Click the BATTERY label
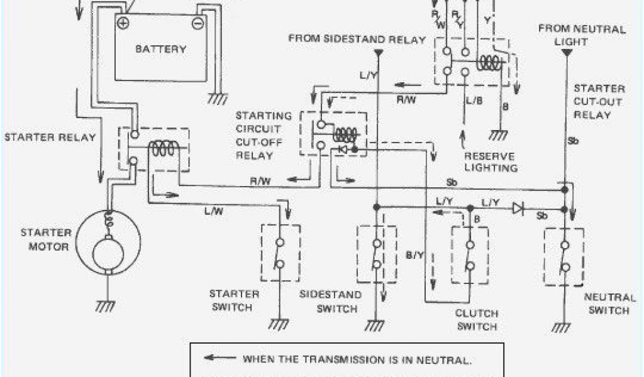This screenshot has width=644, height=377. [160, 49]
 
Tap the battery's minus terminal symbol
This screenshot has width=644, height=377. [197, 23]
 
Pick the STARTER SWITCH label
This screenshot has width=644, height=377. [234, 300]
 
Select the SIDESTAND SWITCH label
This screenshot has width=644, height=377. [330, 301]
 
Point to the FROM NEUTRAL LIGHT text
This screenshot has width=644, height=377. [582, 35]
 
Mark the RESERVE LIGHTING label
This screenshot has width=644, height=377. [491, 162]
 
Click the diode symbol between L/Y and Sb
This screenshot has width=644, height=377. [518, 208]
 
